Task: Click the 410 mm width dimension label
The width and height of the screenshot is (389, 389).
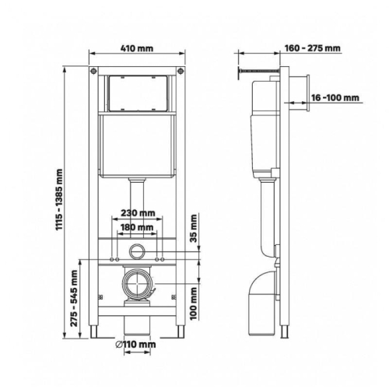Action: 137,47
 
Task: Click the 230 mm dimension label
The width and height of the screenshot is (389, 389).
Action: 138,212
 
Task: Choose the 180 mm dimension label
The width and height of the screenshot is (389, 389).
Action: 138,227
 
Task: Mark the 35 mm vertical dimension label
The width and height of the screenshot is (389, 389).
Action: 194,232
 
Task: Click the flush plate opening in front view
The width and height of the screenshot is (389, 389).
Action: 137,93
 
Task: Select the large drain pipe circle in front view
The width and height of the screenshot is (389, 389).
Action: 137,286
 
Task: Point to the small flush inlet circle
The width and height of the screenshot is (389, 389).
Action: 137,252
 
